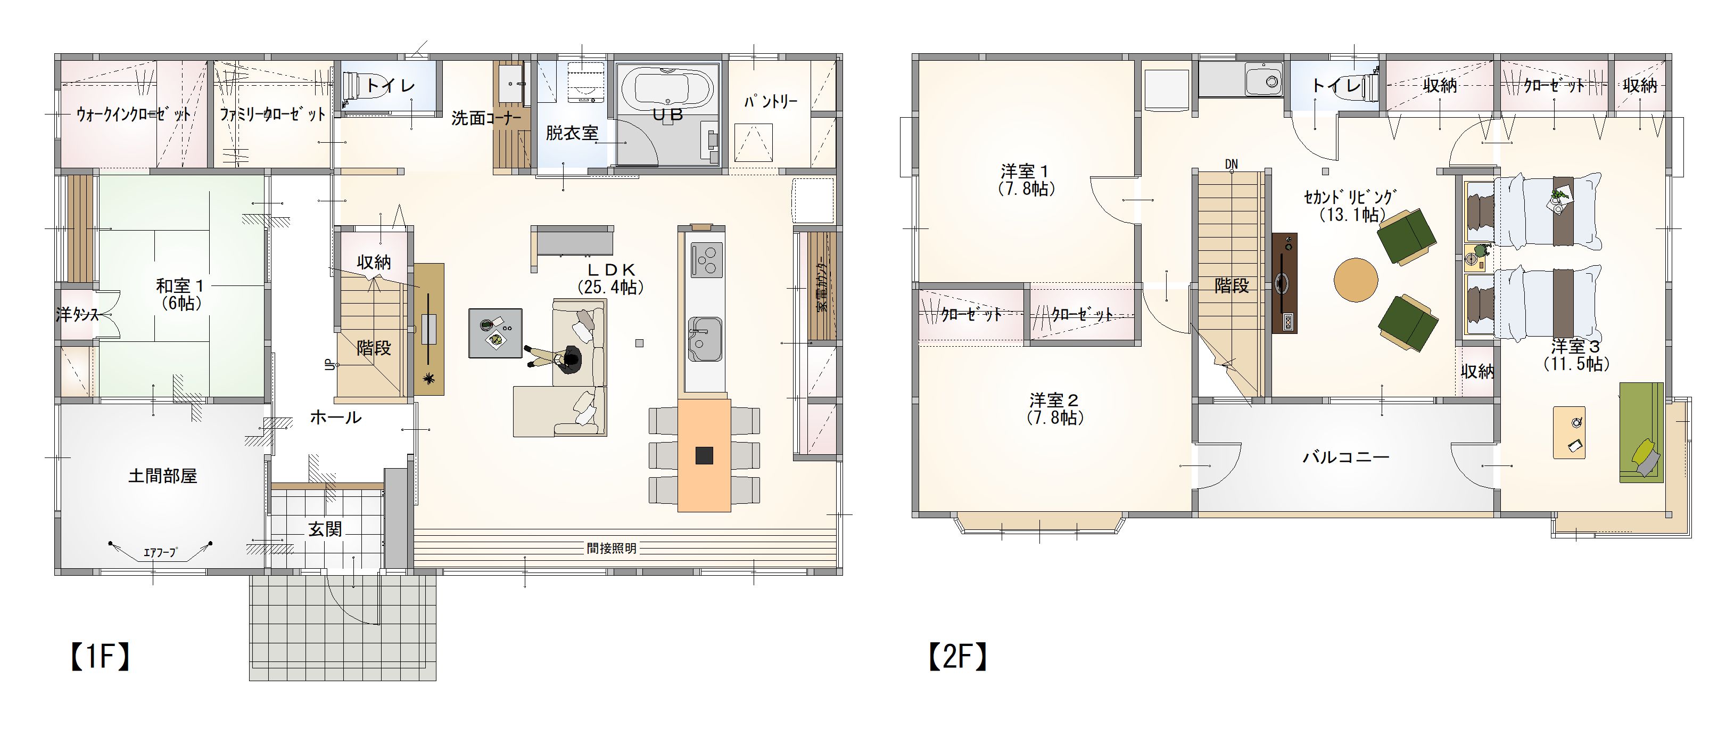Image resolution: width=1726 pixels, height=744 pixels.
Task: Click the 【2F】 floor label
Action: (x=957, y=657)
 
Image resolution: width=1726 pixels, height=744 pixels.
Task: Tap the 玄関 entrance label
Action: (x=326, y=529)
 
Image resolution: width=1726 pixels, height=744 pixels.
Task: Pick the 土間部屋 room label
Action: (x=162, y=477)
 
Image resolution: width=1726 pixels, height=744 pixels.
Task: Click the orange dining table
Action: (x=704, y=455)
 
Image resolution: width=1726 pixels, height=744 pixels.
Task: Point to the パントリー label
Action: (x=771, y=102)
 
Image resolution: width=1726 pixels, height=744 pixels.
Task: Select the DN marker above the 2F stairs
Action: (x=1231, y=163)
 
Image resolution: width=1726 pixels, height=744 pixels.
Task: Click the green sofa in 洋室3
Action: (x=1641, y=432)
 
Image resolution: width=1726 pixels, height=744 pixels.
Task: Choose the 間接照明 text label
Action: (x=611, y=549)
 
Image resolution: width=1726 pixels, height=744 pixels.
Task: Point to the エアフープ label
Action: (x=160, y=553)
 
